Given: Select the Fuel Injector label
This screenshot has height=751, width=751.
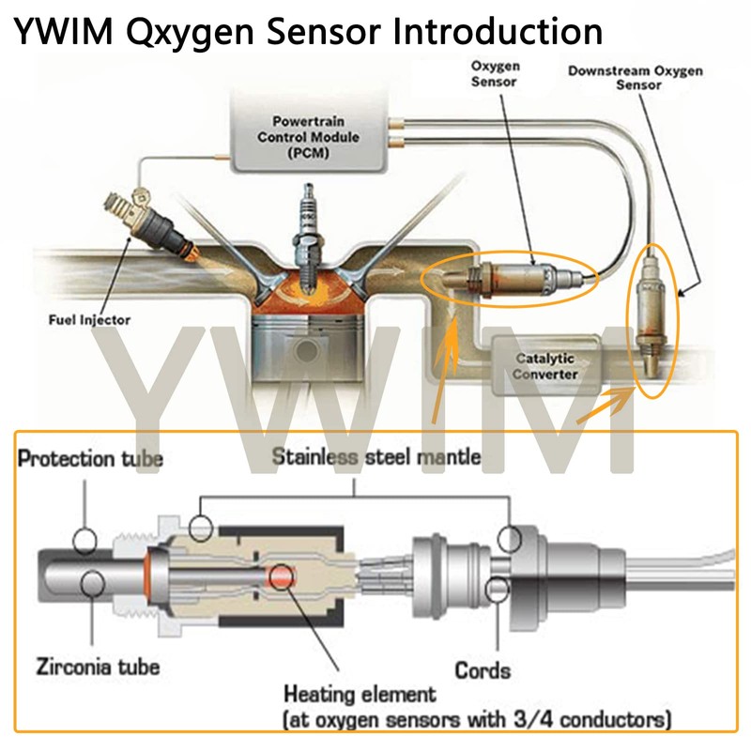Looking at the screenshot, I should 89,320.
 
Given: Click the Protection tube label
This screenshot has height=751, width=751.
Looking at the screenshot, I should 91,459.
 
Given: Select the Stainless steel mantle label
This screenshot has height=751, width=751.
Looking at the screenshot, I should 375,457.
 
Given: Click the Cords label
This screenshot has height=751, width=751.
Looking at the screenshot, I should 483,670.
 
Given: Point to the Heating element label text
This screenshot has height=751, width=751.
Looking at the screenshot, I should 360,695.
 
